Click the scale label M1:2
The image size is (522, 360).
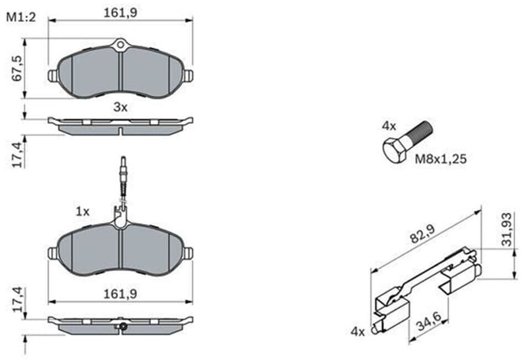coord(20,17)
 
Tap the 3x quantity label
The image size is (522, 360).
coord(121,107)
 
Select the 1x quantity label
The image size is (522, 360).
coord(83,211)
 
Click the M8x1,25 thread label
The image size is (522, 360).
coord(440,159)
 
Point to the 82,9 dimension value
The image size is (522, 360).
coord(422,234)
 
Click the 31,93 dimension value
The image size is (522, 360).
coord(507,229)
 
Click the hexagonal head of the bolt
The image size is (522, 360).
coord(395,150)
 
